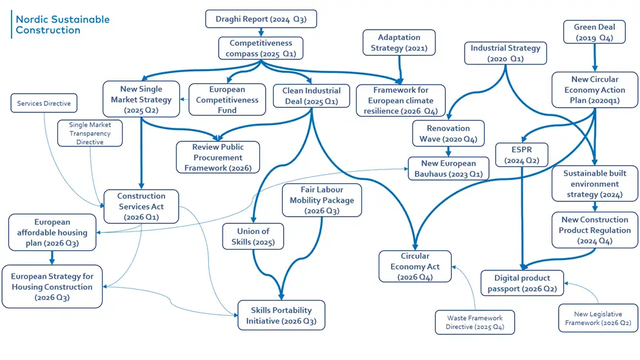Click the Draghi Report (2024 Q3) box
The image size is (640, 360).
(261, 19)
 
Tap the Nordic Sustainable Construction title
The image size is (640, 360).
(63, 25)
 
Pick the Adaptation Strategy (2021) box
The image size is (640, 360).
(399, 43)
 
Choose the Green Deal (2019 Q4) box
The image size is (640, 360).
(594, 32)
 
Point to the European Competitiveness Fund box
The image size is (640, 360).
(226, 100)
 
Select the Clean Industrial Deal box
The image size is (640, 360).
(311, 95)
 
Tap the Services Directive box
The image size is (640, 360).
(44, 103)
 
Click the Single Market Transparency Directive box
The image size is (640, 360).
(90, 133)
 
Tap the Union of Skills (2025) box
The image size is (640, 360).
(253, 236)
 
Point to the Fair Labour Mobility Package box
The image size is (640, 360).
(321, 200)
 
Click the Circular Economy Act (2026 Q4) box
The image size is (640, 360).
(414, 266)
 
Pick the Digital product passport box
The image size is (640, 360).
(522, 283)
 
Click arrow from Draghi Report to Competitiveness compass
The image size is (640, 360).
(261, 32)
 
